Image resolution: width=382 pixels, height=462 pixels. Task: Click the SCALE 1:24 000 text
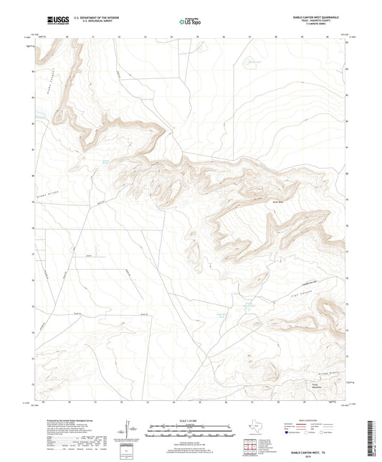pos(187,418)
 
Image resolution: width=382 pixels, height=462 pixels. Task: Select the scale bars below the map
pos(187,430)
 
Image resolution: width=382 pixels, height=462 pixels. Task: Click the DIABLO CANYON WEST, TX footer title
pos(313,453)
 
